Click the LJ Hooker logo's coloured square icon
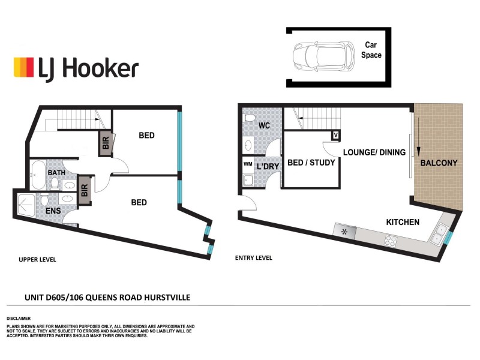(23, 67)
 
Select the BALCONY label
(438, 163)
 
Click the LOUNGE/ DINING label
(374, 152)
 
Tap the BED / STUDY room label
(311, 163)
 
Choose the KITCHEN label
(402, 222)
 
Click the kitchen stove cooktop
(391, 241)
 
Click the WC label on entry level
(264, 126)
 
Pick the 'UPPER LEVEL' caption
(37, 259)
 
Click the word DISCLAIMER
(19, 318)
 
